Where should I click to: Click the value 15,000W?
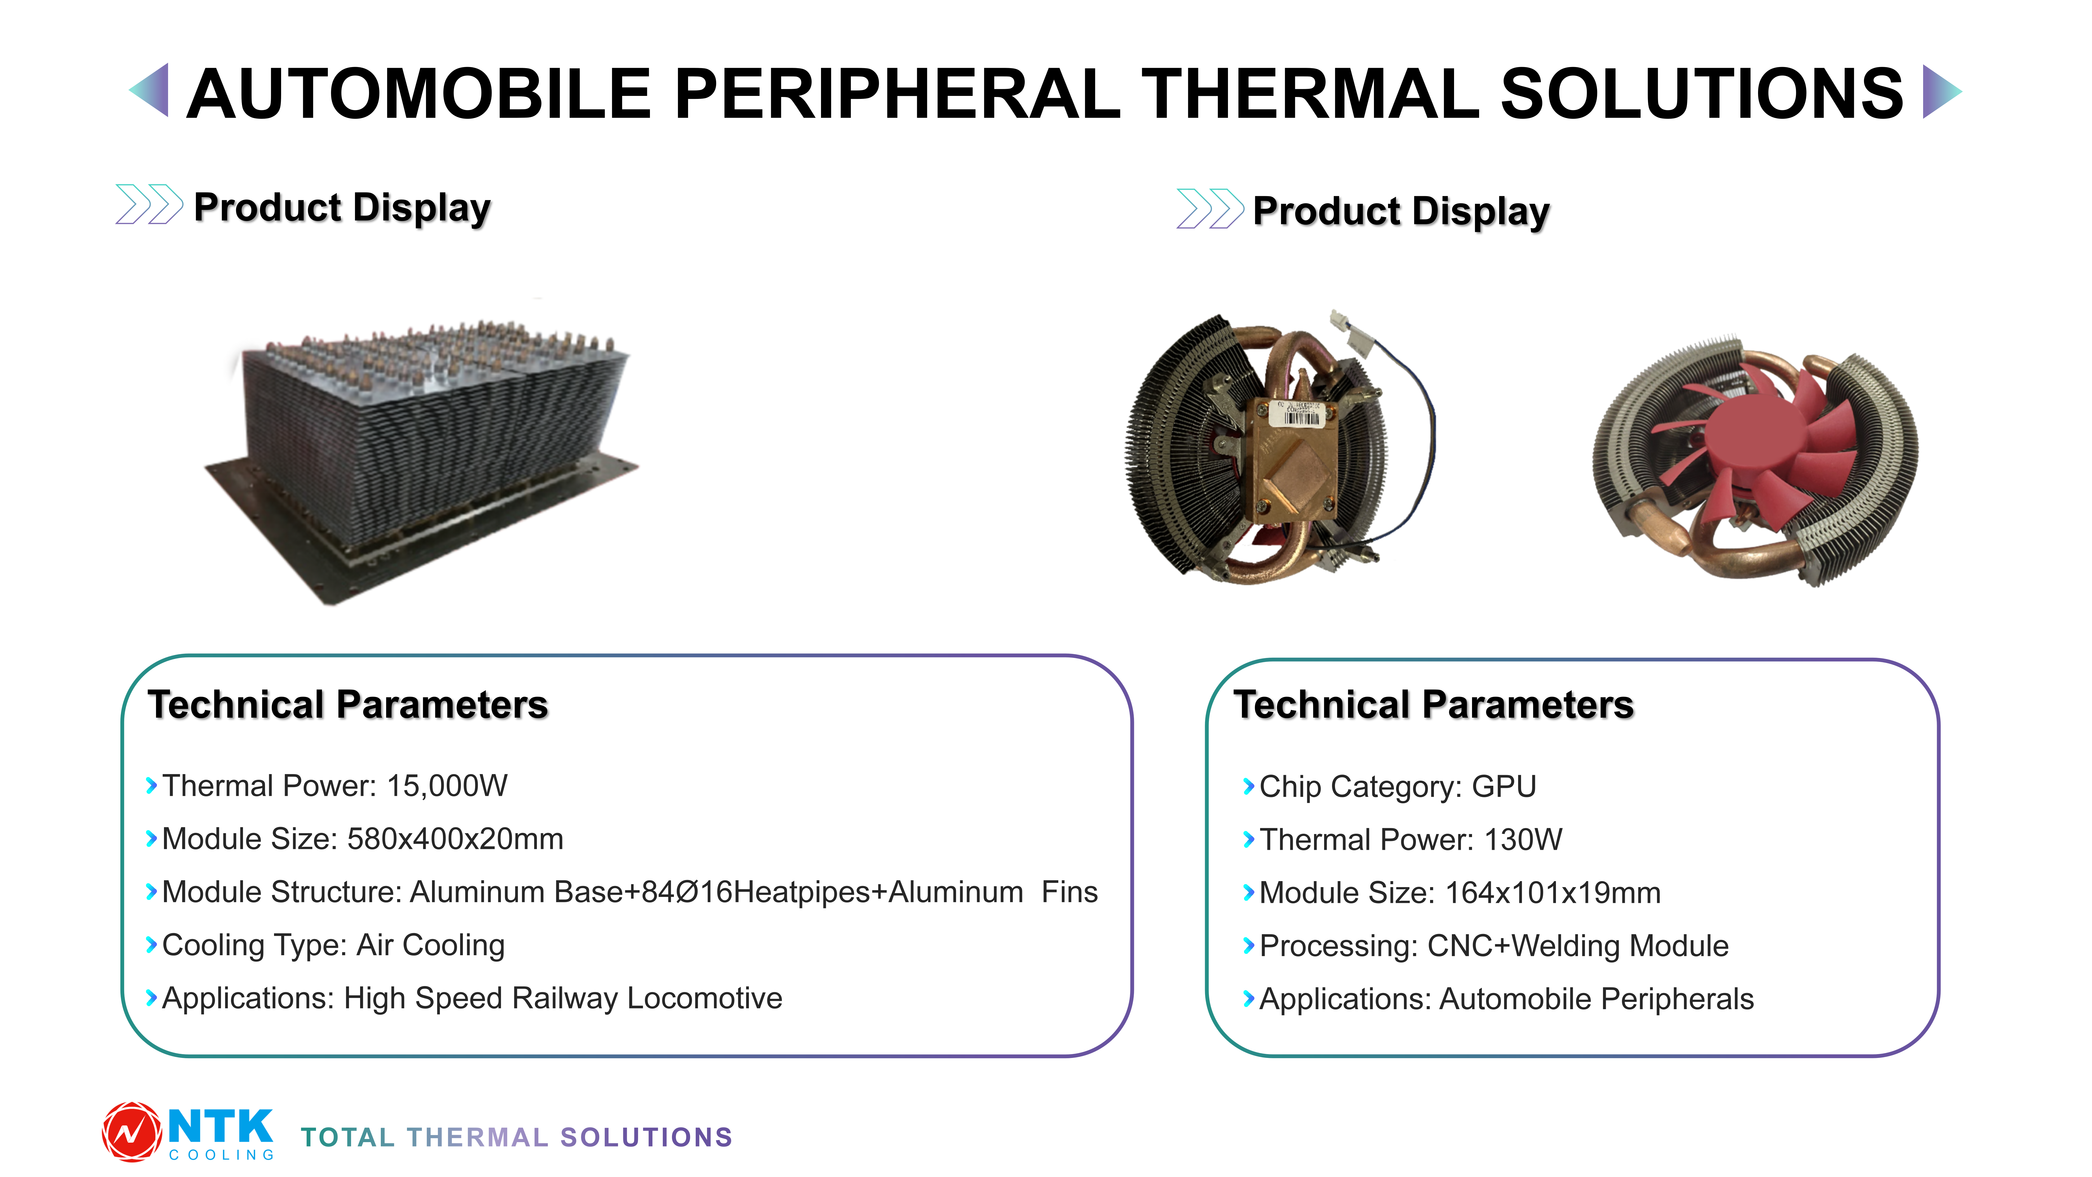coord(447,785)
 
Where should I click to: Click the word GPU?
coord(1504,786)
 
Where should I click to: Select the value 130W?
coord(1524,839)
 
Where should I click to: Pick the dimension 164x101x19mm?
coord(1553,893)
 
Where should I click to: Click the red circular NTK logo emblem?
coord(132,1132)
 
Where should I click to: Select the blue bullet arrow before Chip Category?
coord(1249,786)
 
